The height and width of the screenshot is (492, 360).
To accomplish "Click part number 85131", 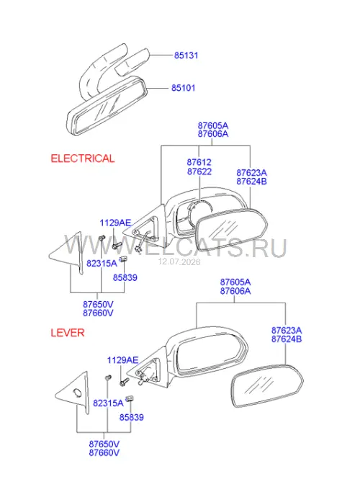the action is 186,55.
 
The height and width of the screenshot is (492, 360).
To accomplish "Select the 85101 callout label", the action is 183,88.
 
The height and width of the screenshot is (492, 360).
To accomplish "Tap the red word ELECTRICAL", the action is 83,158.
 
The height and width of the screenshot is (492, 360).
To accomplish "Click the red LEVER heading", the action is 68,333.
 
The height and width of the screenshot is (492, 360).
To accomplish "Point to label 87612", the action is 199,162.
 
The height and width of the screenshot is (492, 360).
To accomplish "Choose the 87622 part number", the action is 199,171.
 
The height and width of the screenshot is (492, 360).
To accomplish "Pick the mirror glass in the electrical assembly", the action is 231,229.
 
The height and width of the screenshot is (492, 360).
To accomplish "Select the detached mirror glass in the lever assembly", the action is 267,385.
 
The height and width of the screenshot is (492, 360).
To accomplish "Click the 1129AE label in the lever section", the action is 122,360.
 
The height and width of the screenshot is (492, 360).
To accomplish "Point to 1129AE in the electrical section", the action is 115,223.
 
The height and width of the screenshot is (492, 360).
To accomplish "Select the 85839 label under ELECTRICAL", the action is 125,277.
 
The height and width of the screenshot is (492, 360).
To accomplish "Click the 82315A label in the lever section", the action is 108,403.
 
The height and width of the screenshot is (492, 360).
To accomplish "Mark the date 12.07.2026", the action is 179,261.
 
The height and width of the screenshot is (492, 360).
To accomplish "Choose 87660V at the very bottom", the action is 104,453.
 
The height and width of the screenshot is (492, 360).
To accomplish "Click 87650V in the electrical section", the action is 98,305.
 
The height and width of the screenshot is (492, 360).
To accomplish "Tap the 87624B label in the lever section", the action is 287,339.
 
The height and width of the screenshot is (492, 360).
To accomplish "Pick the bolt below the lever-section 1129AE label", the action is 124,382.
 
